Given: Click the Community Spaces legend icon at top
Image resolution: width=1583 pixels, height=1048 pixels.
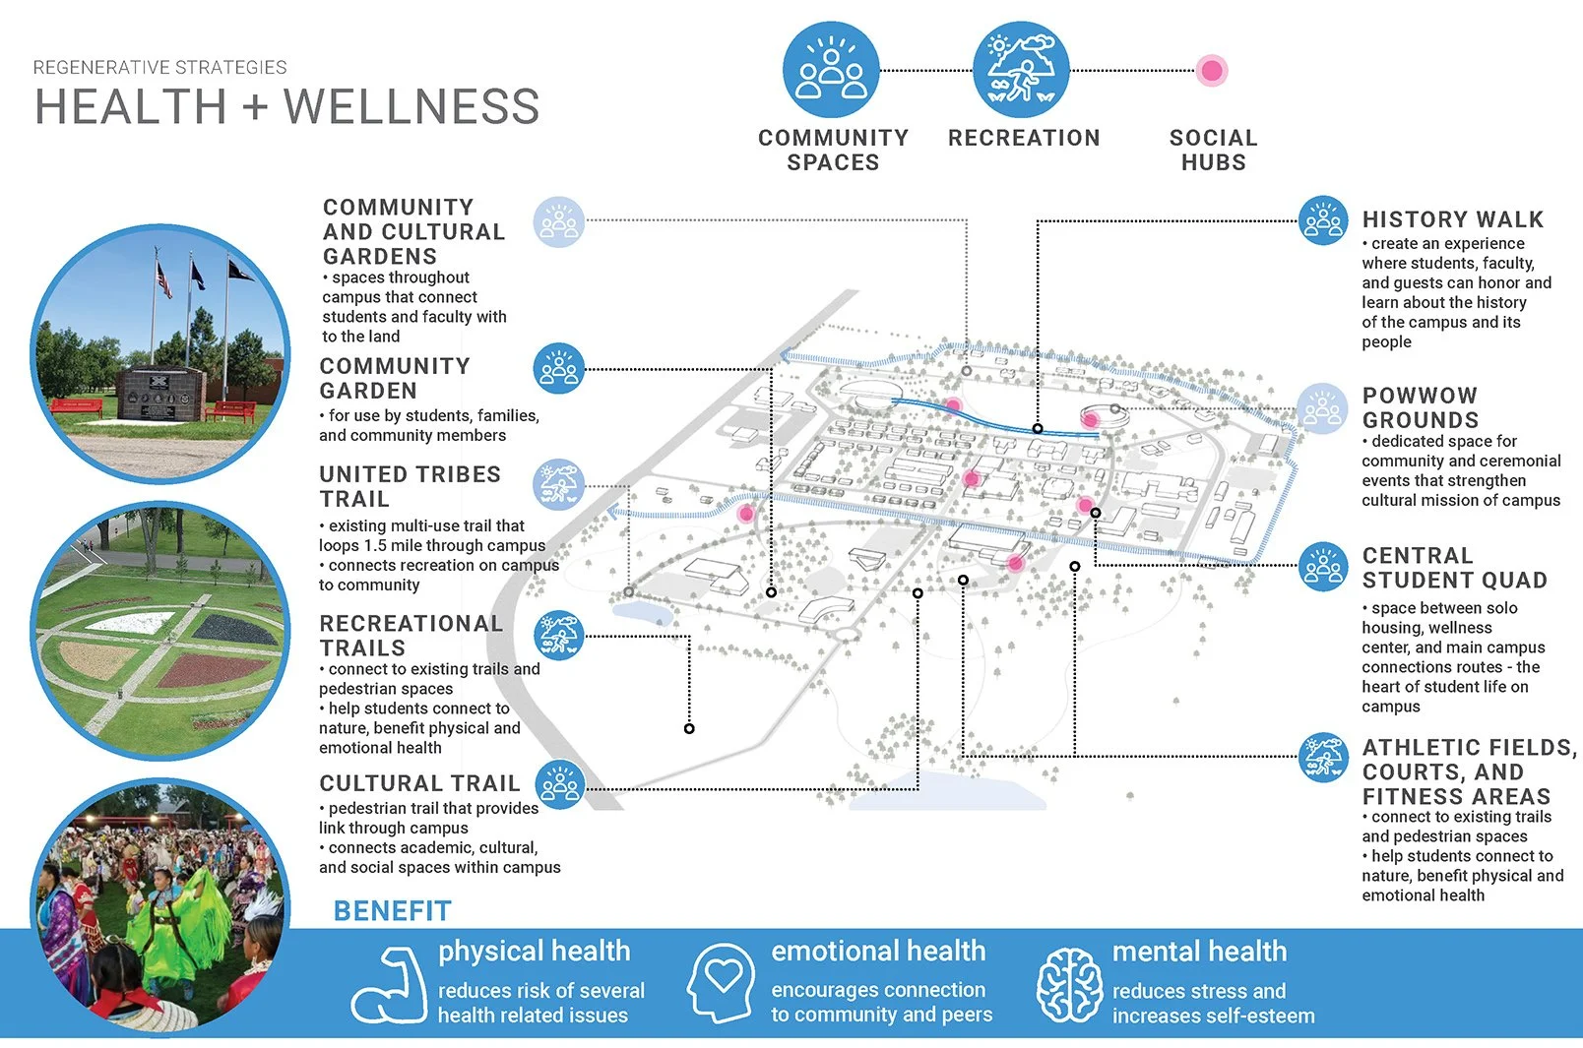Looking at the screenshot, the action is [x=831, y=71].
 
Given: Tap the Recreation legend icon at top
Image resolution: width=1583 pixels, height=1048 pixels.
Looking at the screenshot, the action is [x=1021, y=71].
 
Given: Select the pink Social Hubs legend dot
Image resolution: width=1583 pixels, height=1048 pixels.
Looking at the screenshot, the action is [x=1212, y=71].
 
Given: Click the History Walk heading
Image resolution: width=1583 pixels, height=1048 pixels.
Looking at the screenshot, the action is [x=1452, y=219].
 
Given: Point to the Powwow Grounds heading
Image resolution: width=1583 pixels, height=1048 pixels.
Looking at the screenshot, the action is [x=1420, y=407].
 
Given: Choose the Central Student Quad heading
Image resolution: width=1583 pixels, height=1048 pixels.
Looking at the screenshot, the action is [x=1454, y=568].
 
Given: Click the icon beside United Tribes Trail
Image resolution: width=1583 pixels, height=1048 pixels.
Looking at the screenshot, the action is [x=558, y=484].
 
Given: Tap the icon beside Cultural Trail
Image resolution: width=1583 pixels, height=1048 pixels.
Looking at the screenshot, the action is [x=559, y=784].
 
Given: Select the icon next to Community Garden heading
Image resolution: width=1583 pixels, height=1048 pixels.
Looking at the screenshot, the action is [x=558, y=369].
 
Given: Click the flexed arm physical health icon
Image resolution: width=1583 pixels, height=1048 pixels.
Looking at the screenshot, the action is [x=388, y=984].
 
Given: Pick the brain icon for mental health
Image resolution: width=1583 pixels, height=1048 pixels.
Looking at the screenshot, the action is [x=1068, y=984].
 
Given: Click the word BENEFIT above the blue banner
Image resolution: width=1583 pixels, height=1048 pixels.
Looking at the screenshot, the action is [x=392, y=911].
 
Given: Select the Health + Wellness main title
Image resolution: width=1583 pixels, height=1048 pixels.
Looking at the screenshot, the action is [x=286, y=106].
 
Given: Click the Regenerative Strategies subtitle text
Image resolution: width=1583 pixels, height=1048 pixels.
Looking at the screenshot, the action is [x=159, y=67].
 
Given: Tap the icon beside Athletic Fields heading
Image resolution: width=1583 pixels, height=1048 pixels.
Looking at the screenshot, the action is [x=1322, y=757].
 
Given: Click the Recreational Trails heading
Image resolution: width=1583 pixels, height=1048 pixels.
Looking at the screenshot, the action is [x=411, y=636].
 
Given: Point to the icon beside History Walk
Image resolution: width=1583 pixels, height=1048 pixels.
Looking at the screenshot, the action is [x=1322, y=220].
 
